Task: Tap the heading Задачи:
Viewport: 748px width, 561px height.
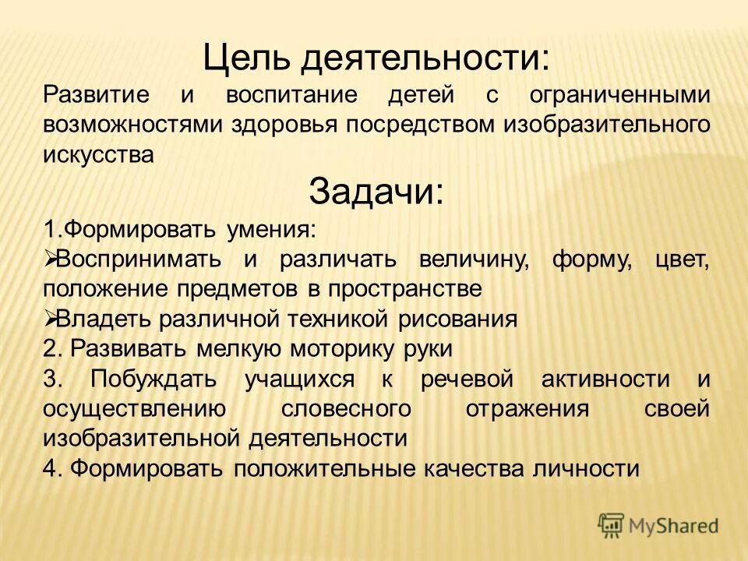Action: [x=376, y=191]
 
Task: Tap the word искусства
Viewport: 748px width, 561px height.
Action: [x=98, y=154]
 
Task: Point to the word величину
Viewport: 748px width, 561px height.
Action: [x=472, y=259]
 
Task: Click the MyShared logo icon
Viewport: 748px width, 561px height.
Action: [x=612, y=526]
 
